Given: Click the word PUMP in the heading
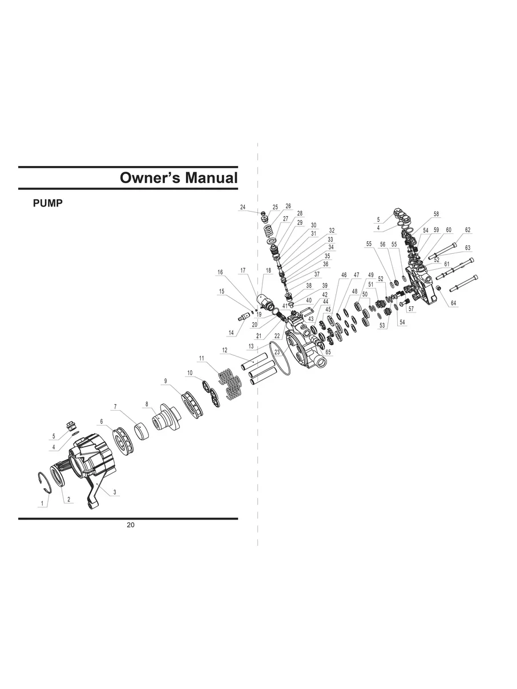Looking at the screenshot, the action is (x=48, y=204).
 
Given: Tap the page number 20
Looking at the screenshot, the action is (x=131, y=525).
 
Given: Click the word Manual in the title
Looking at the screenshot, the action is (x=211, y=177).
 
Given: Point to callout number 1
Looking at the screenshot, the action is (x=42, y=503).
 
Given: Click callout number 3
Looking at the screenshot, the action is (x=115, y=492).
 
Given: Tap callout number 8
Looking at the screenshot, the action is (x=147, y=404).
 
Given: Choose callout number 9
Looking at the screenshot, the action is (x=165, y=381).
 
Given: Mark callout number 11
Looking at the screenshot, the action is (x=201, y=358).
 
